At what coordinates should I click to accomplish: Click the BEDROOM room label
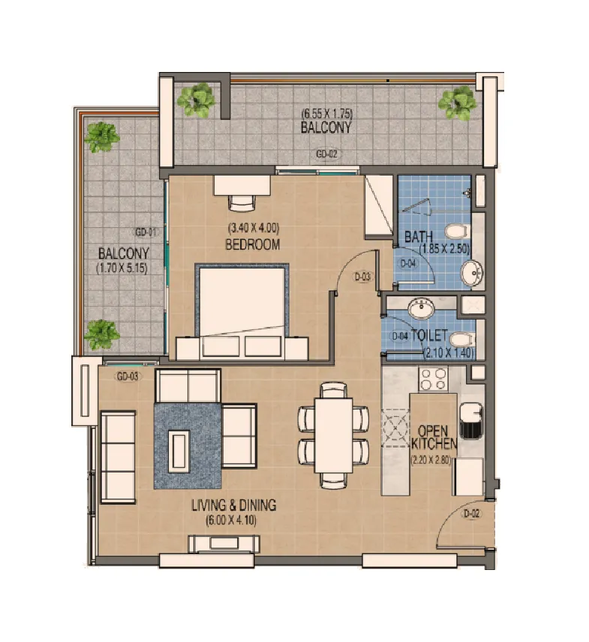253,244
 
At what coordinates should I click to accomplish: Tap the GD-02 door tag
327,154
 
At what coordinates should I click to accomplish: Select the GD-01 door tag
146,232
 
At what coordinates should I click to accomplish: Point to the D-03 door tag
362,277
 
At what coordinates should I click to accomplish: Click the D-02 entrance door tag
471,514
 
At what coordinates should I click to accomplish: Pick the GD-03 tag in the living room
128,376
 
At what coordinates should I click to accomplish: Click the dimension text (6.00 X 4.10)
232,520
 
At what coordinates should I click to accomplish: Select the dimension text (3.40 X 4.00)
254,228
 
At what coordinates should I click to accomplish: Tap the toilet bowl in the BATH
457,231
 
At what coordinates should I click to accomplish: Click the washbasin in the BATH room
472,272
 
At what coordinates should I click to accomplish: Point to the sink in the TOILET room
421,308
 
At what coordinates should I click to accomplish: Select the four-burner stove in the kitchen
434,379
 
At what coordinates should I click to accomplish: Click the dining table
334,435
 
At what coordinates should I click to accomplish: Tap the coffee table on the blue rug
179,451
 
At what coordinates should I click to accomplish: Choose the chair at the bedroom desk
242,202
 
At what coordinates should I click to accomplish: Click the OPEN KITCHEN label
434,437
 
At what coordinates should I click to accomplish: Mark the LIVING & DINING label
234,505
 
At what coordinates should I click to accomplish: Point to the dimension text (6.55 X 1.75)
327,113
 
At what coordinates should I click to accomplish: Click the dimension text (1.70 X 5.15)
122,268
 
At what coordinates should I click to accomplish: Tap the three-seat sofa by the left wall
118,457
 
